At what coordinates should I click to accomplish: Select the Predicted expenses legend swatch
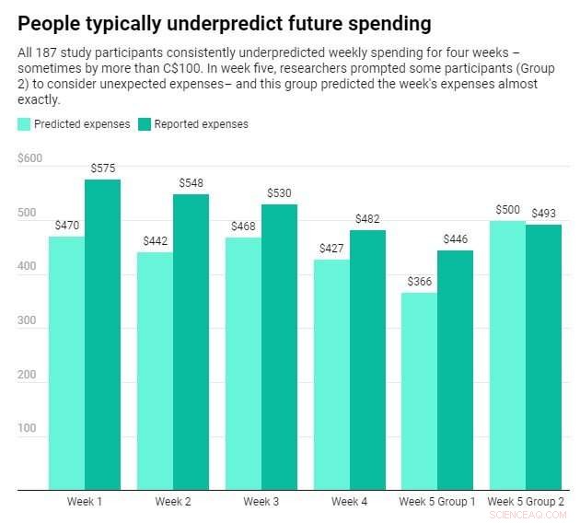[24, 124]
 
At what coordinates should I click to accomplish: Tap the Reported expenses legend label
[201, 124]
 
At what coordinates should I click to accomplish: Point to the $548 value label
[191, 183]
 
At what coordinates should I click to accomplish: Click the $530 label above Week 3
[279, 193]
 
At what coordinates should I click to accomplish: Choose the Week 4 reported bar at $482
[367, 359]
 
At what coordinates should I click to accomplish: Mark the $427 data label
[331, 249]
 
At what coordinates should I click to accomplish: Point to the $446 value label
[456, 239]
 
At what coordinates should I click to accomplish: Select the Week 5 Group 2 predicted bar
[507, 354]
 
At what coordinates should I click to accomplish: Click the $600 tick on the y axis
[29, 158]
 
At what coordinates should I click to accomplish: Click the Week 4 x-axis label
[350, 502]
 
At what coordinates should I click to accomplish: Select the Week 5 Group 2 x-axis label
[526, 502]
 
